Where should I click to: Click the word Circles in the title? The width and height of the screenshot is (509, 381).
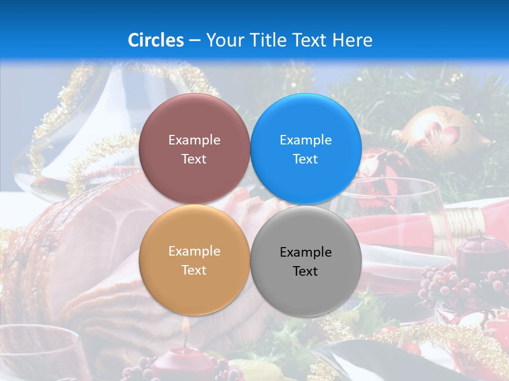click(x=156, y=40)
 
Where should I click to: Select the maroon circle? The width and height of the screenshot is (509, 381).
click(x=194, y=149)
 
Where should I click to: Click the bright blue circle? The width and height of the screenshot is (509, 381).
click(x=305, y=149)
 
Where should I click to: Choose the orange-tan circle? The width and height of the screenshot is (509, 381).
click(x=194, y=260)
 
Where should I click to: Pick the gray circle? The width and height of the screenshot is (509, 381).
click(x=305, y=261)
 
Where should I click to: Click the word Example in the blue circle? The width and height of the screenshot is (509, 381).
click(x=305, y=140)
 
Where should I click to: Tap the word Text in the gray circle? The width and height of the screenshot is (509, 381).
click(x=305, y=271)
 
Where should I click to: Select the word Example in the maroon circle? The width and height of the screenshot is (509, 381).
click(x=194, y=140)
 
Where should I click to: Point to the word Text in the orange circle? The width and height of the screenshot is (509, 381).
click(x=194, y=270)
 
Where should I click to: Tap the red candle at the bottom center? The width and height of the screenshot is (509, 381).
click(x=183, y=360)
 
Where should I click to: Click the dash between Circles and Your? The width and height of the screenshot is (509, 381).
click(x=195, y=40)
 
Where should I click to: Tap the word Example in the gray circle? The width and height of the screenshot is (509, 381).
click(x=305, y=252)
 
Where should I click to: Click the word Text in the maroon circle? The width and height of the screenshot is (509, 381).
click(x=194, y=159)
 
